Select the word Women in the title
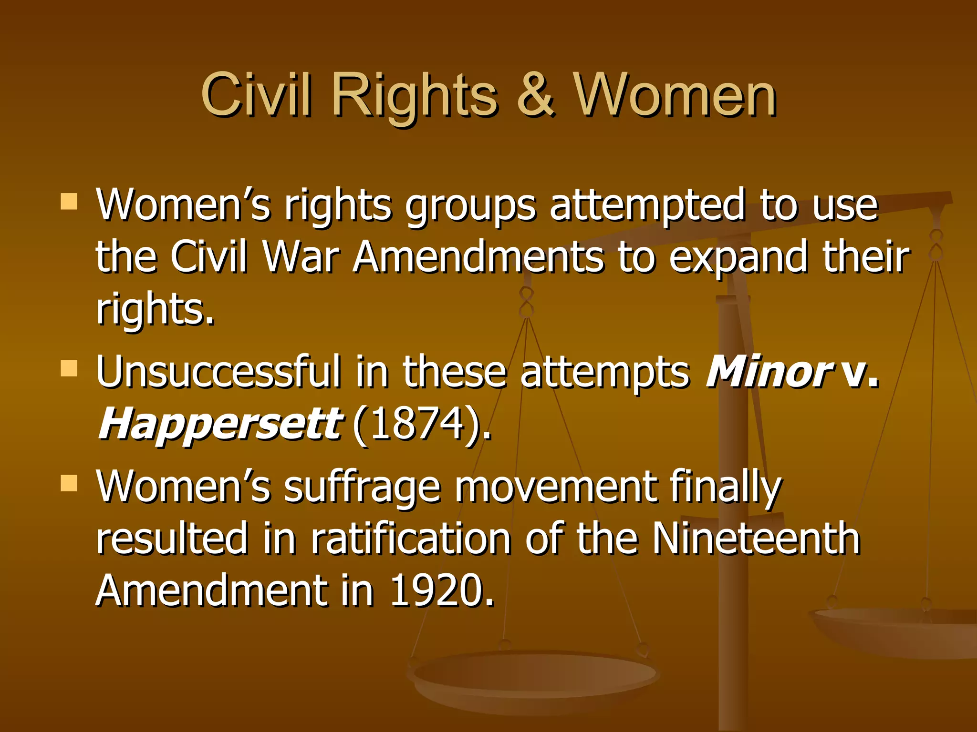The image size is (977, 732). [x=675, y=95]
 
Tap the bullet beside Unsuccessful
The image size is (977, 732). [x=69, y=368]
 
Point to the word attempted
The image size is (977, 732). [x=646, y=205]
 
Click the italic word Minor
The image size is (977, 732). [x=768, y=371]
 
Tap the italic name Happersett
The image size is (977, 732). [x=219, y=424]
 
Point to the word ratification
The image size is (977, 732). [x=411, y=539]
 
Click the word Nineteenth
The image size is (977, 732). [x=756, y=539]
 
